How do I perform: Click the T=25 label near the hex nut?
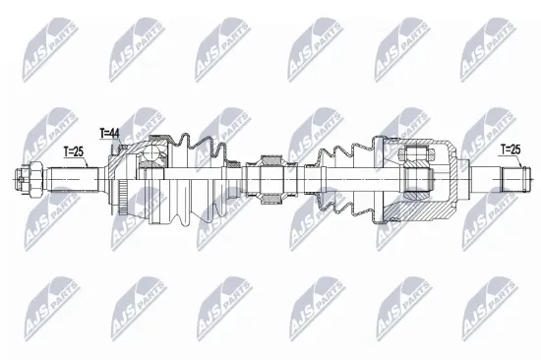(73, 151)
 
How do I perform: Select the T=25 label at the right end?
(510, 150)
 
